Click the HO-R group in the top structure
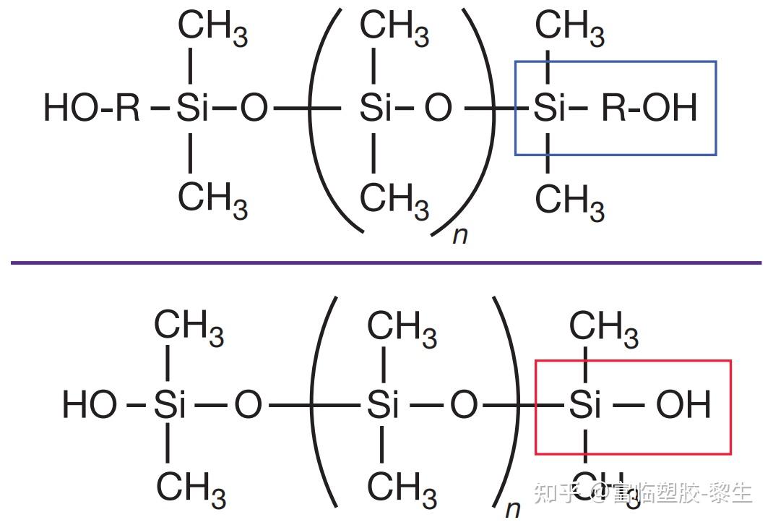(x=92, y=109)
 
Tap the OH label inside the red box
(x=683, y=405)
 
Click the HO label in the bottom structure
(x=90, y=405)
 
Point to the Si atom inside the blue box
(x=549, y=109)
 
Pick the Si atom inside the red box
(x=585, y=405)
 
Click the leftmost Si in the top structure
(x=191, y=109)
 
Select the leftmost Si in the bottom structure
(x=170, y=405)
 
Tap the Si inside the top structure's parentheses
(x=375, y=109)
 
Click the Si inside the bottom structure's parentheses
(x=383, y=405)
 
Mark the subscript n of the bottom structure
(x=512, y=508)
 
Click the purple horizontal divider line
(x=386, y=262)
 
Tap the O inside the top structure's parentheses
(x=438, y=109)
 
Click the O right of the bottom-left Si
(x=248, y=405)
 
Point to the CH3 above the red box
(x=603, y=328)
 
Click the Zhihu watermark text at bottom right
(x=643, y=493)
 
